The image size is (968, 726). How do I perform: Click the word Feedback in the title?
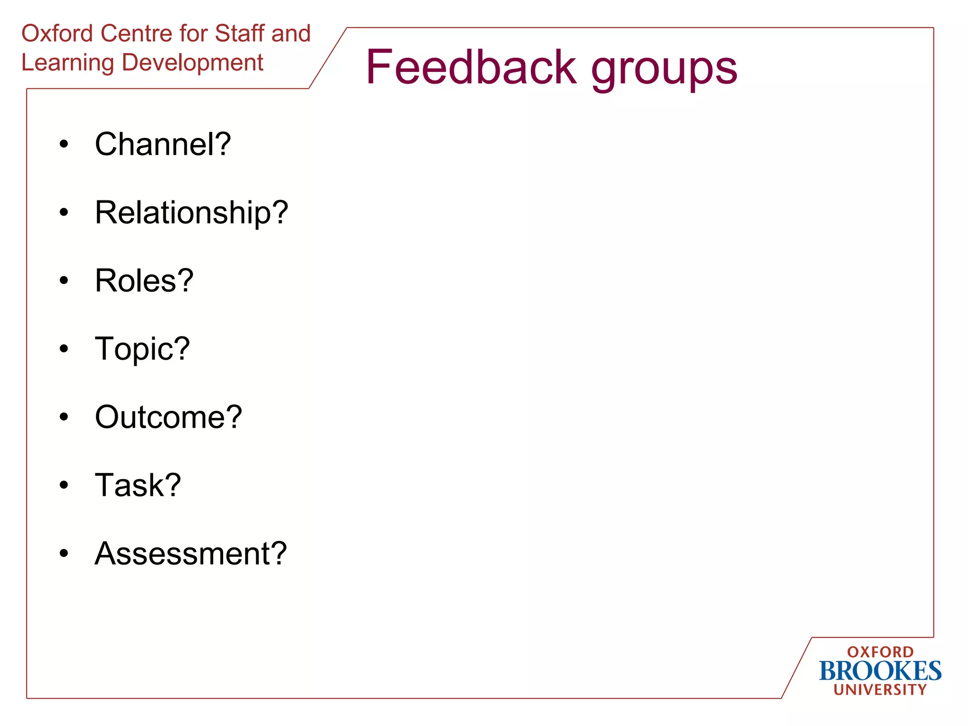pyautogui.click(x=471, y=67)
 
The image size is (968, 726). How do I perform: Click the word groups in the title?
pyautogui.click(x=664, y=70)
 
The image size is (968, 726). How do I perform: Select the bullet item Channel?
pyautogui.click(x=163, y=144)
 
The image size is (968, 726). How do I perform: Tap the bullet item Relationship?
pyautogui.click(x=191, y=213)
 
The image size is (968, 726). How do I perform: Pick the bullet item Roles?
pyautogui.click(x=144, y=281)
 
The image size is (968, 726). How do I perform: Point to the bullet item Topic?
pyautogui.click(x=142, y=349)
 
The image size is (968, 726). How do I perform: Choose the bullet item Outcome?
pyautogui.click(x=168, y=417)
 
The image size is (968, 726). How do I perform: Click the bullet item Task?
pyautogui.click(x=138, y=485)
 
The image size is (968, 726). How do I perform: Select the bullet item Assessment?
pyautogui.click(x=190, y=553)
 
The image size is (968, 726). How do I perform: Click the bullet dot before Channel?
pyautogui.click(x=64, y=144)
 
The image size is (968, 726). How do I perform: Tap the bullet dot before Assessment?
pyautogui.click(x=64, y=553)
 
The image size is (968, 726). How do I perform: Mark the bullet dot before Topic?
pyautogui.click(x=64, y=349)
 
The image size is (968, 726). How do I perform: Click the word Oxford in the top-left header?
pyautogui.click(x=57, y=34)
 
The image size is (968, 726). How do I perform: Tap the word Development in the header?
pyautogui.click(x=192, y=63)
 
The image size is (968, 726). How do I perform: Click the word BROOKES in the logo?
pyautogui.click(x=880, y=671)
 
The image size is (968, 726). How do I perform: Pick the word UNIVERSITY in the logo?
pyautogui.click(x=880, y=690)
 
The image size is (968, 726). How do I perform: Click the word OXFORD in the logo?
pyautogui.click(x=880, y=652)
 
